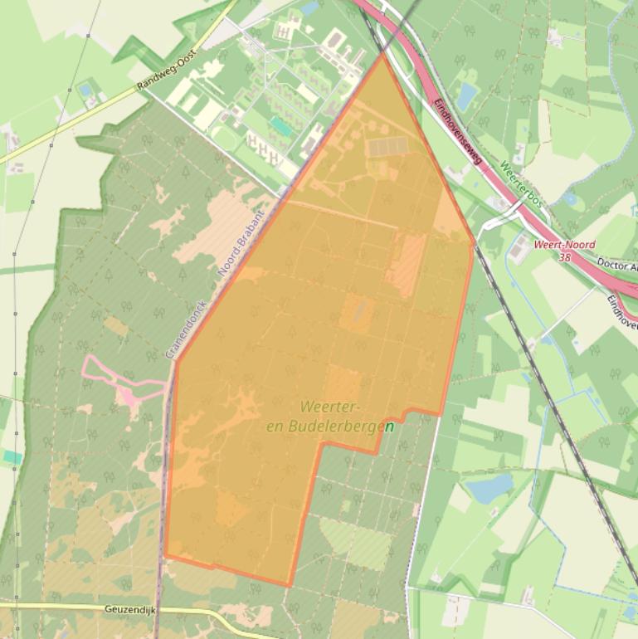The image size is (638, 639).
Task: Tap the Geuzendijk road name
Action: click(x=129, y=608)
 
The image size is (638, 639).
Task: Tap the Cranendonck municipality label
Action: click(x=186, y=329)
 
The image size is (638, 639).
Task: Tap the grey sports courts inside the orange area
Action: click(x=387, y=147)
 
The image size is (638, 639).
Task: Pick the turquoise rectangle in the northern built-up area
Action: click(x=281, y=127)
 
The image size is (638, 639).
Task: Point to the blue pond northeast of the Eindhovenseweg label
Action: click(x=467, y=95)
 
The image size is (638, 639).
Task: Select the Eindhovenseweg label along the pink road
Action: click(x=457, y=133)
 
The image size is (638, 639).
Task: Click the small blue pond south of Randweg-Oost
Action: click(x=85, y=90)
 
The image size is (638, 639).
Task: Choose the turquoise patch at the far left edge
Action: click(x=11, y=456)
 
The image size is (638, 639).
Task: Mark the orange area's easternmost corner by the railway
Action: click(x=474, y=245)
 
